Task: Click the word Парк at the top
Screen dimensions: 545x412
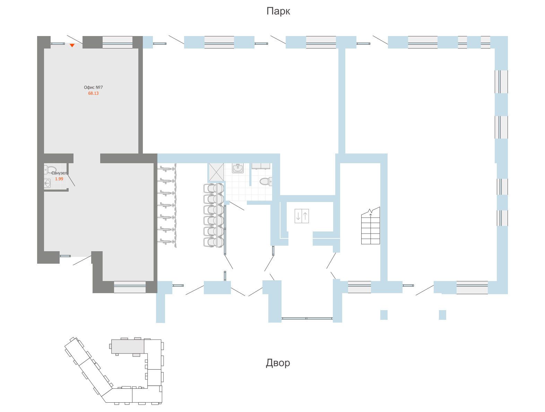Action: point(278,11)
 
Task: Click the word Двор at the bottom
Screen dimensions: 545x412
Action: point(278,363)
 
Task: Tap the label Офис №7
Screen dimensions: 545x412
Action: point(93,87)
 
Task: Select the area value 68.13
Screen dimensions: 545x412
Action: point(93,93)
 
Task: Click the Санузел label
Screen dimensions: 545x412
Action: point(59,173)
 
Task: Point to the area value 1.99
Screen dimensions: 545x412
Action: point(59,179)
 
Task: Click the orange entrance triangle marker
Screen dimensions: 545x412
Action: point(72,45)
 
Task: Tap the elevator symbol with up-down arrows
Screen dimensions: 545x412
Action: point(302,216)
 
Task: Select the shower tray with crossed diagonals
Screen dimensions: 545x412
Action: point(216,172)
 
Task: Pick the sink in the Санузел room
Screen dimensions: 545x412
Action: point(47,184)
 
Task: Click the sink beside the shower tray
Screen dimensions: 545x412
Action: point(238,168)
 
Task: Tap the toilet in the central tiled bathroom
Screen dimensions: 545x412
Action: point(266,181)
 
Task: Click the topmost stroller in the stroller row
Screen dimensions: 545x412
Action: point(214,188)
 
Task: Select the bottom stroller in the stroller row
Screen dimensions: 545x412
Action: point(214,242)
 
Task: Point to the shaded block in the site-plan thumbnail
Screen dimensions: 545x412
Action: point(128,347)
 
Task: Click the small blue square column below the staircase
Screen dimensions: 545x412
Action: point(384,315)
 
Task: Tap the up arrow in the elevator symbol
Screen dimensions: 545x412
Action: point(305,216)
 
